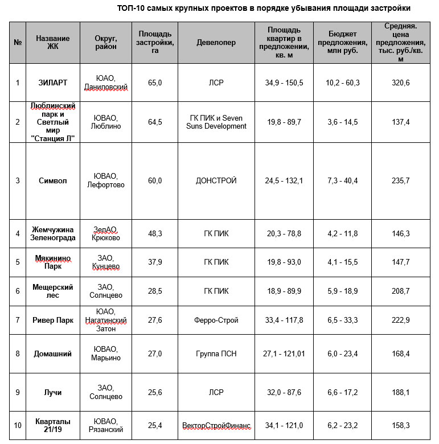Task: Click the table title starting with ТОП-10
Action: coord(263,9)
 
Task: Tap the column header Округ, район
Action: coord(106,43)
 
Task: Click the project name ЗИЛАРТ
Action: coord(53,83)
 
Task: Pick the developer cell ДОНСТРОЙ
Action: coord(216,180)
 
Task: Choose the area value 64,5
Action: coord(155,122)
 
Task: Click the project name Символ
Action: coord(53,180)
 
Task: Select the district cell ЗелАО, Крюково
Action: coord(106,233)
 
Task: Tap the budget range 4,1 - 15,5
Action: coord(342,262)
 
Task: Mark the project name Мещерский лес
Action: coord(53,291)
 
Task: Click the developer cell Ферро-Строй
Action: coord(216,320)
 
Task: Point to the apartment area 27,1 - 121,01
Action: coord(284,353)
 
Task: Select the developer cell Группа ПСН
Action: coord(216,353)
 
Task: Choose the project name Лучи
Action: coord(53,392)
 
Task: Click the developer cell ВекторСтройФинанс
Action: coord(216,426)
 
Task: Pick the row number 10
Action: coord(18,426)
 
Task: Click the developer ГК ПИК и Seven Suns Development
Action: coord(216,122)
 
